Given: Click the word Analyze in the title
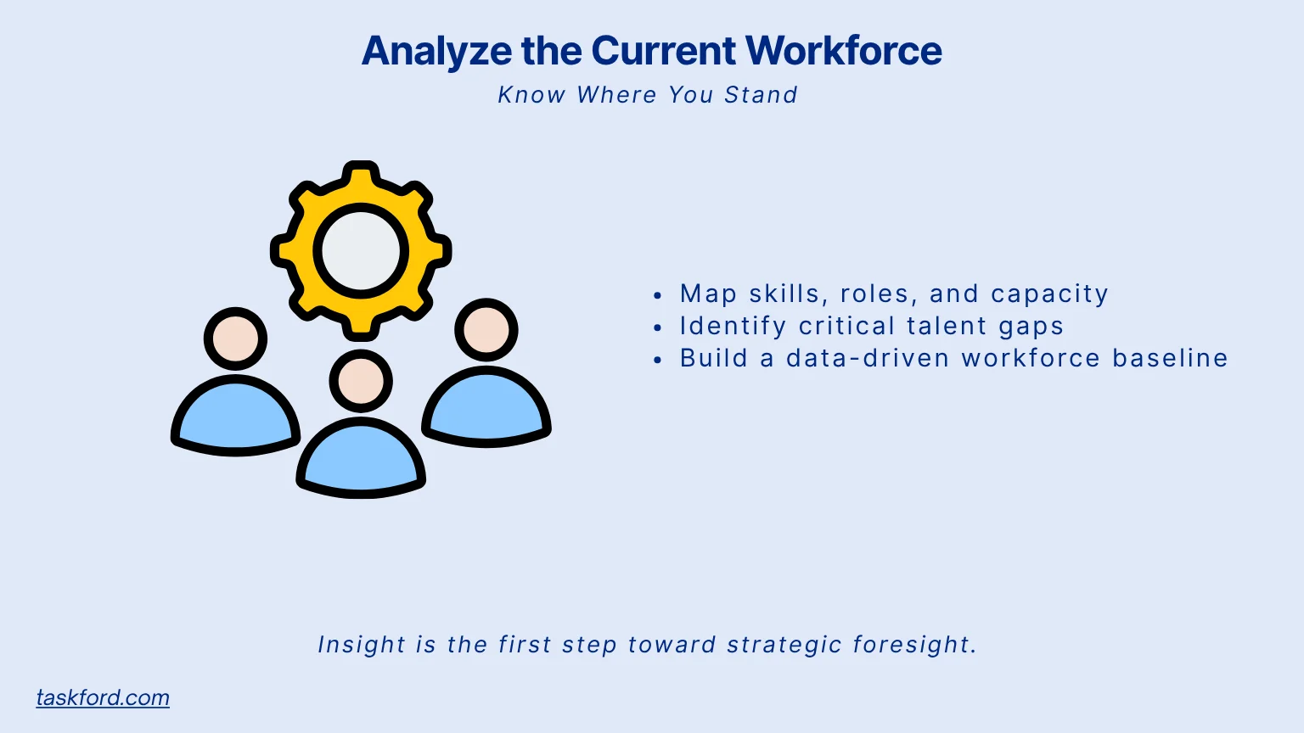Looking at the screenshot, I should (436, 51).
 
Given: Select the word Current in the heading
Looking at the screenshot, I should (664, 51).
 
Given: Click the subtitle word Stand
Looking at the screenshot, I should (761, 95).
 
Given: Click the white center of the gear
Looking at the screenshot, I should (361, 251).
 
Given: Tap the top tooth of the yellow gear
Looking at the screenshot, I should (361, 175).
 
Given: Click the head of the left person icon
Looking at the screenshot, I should (235, 339).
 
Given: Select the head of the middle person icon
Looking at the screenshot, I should (361, 381).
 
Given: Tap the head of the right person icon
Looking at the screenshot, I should (486, 330).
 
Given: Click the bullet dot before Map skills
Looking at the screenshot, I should (658, 295).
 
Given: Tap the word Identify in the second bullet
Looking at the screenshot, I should (733, 327).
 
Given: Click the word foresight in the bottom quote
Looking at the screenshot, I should (914, 645).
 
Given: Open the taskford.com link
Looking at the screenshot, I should (103, 697).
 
